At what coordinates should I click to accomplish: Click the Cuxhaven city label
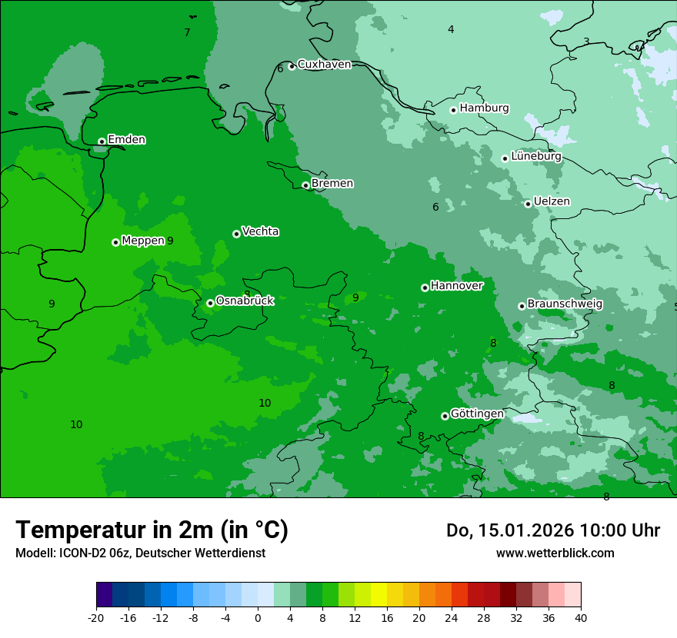point(324,65)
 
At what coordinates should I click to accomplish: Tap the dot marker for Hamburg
point(453,110)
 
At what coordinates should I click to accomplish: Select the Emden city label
point(126,140)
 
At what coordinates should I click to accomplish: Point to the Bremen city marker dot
point(305,185)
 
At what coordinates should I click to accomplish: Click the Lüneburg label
point(535,156)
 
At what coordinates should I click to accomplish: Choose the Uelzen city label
point(552,201)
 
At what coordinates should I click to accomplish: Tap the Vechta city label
point(260,231)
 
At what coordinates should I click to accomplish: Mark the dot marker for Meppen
point(115,242)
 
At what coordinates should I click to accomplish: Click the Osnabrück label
point(245,301)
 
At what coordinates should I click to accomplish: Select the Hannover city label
point(456,286)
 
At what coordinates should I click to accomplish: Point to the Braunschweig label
point(565,304)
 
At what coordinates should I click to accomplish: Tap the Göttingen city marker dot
point(445,416)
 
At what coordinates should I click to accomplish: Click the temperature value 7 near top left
point(187,32)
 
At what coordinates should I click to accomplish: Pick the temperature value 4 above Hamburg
point(451,29)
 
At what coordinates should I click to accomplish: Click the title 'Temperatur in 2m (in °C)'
point(152,530)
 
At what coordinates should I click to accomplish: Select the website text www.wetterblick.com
point(555,553)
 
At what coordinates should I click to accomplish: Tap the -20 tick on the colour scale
point(96,617)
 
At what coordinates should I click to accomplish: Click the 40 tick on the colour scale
point(580,617)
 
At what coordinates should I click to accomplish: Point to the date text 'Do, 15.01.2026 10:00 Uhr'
point(552,530)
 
